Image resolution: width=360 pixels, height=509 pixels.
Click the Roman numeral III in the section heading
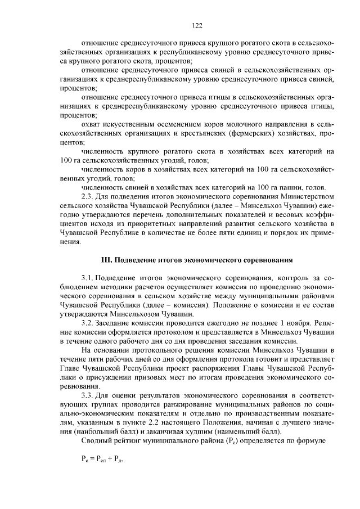tap(105, 260)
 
